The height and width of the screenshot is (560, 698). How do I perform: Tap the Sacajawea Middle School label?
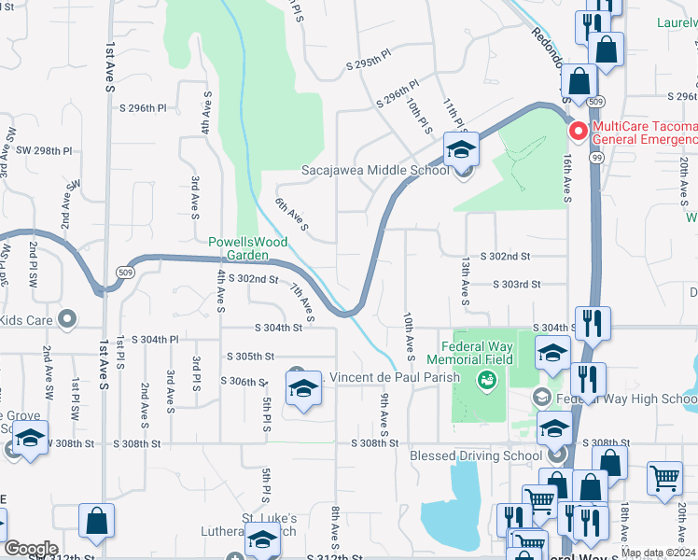click(x=375, y=170)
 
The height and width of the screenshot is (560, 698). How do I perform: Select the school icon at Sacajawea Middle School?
click(x=461, y=149)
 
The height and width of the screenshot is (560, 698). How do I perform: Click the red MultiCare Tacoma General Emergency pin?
click(x=579, y=132)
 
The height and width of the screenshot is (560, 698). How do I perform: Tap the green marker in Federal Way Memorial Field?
click(x=484, y=379)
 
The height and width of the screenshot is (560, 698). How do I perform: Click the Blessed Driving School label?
click(x=476, y=455)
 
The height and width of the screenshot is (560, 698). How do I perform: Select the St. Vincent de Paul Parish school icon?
click(x=303, y=388)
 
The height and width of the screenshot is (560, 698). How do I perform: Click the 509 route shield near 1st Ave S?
click(x=124, y=272)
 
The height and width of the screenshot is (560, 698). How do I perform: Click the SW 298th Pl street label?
click(x=38, y=150)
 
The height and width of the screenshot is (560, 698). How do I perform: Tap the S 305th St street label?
click(x=249, y=357)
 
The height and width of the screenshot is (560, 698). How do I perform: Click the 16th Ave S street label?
click(x=567, y=178)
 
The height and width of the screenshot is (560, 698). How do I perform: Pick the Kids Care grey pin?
click(x=66, y=320)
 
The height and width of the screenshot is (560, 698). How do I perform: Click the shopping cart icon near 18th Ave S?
click(x=664, y=478)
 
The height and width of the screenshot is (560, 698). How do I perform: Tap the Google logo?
click(x=31, y=548)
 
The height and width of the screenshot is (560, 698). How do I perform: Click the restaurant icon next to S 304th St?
click(x=593, y=324)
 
